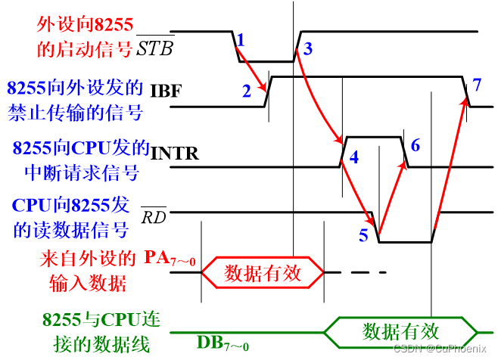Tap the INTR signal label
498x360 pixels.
(x=175, y=154)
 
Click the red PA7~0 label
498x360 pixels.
(x=170, y=259)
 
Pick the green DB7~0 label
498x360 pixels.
(x=223, y=344)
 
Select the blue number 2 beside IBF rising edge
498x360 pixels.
(x=247, y=92)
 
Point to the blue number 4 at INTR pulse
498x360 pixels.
(x=353, y=157)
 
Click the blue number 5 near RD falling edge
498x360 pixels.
(x=363, y=235)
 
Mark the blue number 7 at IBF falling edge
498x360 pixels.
(x=476, y=82)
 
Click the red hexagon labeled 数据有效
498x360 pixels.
(x=262, y=272)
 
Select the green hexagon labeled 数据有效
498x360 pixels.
(x=401, y=331)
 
